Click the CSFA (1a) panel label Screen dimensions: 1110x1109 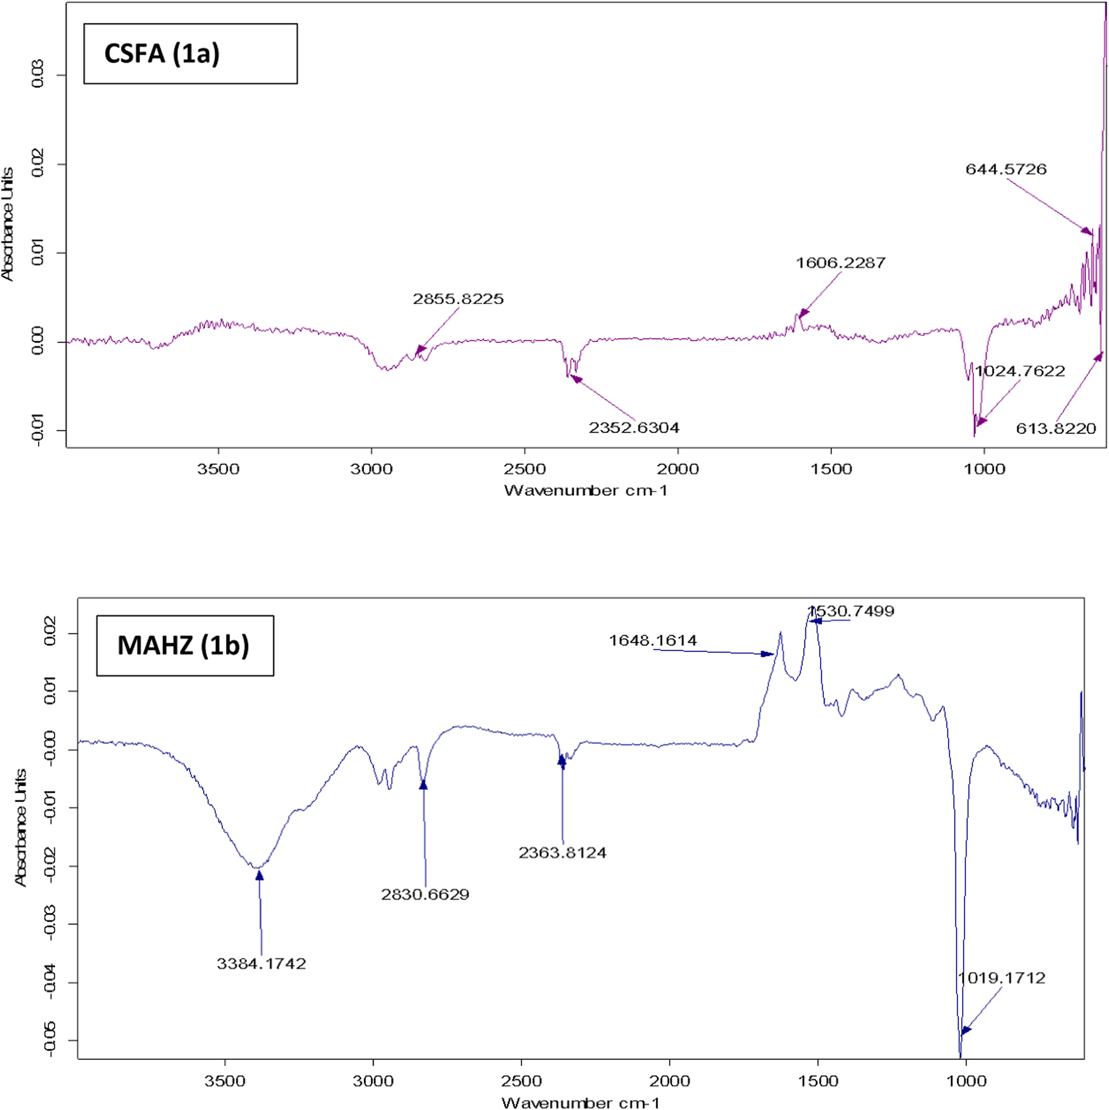[162, 54]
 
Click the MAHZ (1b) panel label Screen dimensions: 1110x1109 [183, 645]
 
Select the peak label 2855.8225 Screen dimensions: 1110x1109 [458, 299]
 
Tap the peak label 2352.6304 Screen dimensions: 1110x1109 [634, 428]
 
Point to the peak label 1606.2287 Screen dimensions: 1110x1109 [840, 263]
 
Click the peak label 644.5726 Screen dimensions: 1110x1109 [1006, 169]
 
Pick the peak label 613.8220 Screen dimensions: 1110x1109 [1055, 428]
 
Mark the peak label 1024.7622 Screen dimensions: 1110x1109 [1020, 371]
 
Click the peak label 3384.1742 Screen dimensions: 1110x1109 [262, 964]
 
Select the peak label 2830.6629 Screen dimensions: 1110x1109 [425, 894]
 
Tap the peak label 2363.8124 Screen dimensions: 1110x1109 [562, 853]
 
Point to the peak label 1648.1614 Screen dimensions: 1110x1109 [653, 640]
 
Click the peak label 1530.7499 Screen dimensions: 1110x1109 [851, 611]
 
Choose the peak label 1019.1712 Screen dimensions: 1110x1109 [1001, 978]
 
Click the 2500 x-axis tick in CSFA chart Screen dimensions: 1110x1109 [524, 469]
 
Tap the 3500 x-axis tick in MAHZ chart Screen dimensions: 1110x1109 [224, 1081]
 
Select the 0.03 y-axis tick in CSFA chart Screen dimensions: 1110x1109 [38, 75]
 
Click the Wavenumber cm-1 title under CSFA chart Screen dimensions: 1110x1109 [585, 490]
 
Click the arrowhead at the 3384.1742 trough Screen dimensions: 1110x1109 [260, 876]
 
